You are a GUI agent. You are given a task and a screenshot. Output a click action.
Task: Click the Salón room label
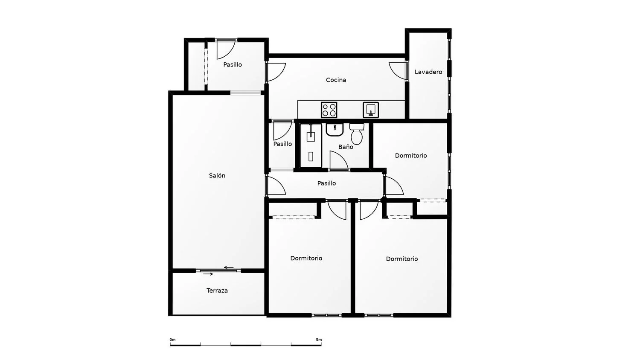(217, 175)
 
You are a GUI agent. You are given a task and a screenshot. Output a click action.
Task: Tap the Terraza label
(217, 290)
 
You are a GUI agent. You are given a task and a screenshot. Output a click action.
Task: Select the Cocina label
(336, 80)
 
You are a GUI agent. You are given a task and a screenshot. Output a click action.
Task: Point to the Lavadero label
(428, 72)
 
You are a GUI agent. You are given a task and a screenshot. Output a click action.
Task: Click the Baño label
(346, 147)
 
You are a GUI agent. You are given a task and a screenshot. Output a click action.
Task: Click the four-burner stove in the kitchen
(329, 110)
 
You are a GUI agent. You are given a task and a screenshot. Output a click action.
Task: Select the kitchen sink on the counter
(371, 110)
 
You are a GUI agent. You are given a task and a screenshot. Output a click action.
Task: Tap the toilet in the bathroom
(357, 134)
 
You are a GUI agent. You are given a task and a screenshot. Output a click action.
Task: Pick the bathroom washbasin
(335, 130)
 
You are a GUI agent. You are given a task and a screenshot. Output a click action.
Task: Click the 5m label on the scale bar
(319, 340)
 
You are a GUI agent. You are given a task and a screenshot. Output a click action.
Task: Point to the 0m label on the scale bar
(172, 340)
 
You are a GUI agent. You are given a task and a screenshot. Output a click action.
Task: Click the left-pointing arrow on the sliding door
(229, 268)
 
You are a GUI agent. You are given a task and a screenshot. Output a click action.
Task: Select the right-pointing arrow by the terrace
(208, 274)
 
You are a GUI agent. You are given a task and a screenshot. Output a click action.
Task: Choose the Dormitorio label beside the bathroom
(411, 156)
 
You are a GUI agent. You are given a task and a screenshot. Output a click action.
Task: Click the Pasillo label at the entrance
(233, 65)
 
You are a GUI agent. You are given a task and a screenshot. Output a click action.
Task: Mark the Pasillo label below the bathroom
(326, 183)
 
